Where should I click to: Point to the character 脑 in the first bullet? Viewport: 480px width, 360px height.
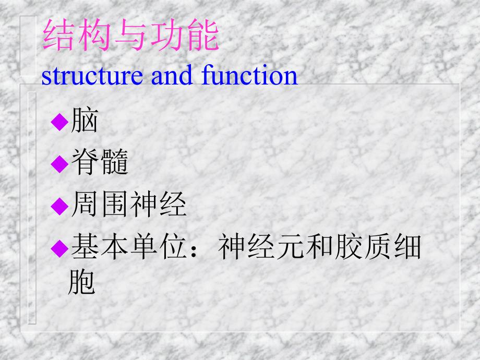84,122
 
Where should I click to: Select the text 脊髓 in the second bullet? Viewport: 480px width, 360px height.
99,163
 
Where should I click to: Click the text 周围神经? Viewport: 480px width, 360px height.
128,205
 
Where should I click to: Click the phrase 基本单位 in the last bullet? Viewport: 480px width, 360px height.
128,246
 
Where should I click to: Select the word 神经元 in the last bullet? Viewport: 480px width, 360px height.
261,246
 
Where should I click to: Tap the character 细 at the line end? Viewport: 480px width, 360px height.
407,246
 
